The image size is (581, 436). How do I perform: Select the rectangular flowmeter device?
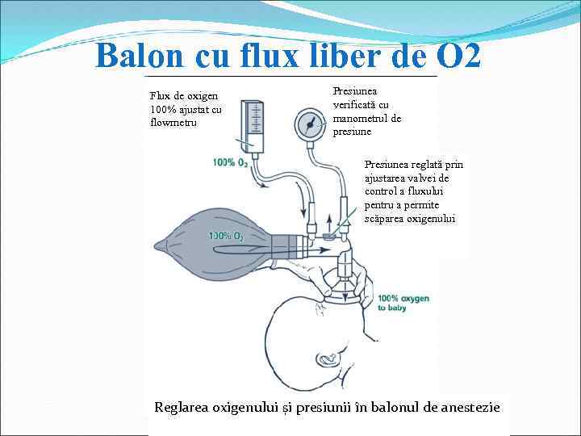pos(253,126)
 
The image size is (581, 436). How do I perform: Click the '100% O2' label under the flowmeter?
pos(230,162)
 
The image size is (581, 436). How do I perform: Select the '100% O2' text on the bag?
pos(226,236)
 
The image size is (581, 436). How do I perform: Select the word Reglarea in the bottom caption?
pos(181,407)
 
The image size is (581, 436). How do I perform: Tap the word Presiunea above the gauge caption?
pos(354,91)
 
